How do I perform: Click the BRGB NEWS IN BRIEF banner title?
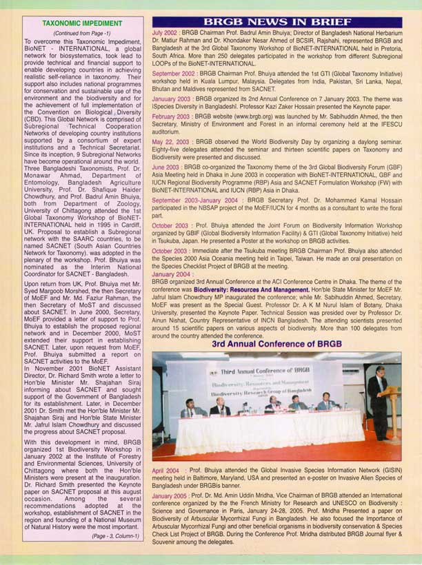point(277,21)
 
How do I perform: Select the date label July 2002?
point(166,33)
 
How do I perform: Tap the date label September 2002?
point(174,72)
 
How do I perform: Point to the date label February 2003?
point(171,117)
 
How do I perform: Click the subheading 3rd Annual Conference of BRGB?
point(277,343)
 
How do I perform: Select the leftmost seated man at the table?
point(189,409)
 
